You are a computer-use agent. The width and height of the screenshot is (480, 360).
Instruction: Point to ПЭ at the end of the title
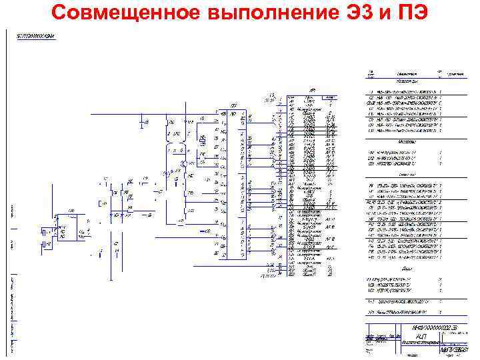tap(417, 13)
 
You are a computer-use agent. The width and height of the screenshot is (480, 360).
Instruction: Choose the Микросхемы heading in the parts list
tap(407, 142)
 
